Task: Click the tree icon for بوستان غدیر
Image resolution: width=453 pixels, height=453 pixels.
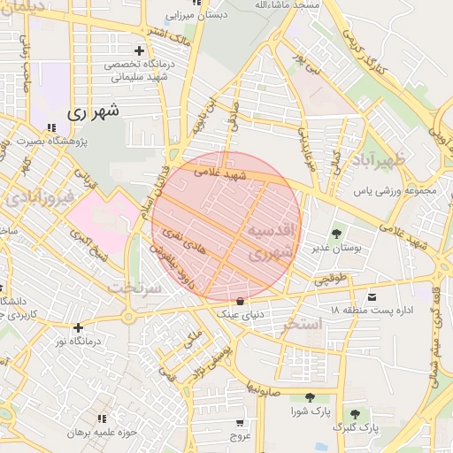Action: tap(337, 234)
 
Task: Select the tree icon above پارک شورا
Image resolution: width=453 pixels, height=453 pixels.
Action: tap(309, 398)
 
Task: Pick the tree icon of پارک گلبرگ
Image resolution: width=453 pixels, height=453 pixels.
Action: tap(355, 413)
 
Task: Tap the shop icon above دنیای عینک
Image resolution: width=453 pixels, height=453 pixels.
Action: tap(241, 301)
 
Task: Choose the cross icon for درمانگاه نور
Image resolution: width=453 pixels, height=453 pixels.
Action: tap(79, 327)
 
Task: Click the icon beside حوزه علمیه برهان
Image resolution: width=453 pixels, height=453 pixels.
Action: tap(103, 418)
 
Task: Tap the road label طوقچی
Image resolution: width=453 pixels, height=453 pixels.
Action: tap(332, 280)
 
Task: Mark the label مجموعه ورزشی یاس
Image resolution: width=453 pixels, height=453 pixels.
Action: tap(395, 190)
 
